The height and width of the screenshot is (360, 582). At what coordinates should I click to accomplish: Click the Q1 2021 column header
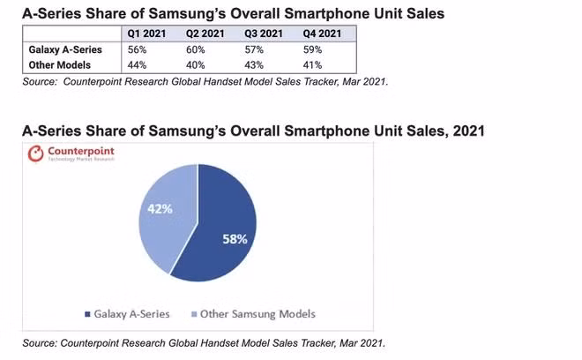point(146,34)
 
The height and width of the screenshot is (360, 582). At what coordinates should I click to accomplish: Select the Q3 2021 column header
point(264,34)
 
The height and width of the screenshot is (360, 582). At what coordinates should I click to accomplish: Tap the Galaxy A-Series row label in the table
point(65,49)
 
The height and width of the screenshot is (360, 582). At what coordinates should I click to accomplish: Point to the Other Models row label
point(59,65)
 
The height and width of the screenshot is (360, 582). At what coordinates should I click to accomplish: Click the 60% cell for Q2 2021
point(195,49)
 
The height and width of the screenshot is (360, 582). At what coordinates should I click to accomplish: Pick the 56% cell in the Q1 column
point(137,49)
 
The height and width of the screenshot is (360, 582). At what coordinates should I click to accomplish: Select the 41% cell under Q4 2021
point(312,65)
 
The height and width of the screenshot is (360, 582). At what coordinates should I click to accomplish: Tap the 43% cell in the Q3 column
point(254,65)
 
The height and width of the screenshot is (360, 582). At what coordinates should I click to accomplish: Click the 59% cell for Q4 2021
point(312,49)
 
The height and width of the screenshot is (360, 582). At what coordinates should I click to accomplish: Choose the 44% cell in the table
point(137,65)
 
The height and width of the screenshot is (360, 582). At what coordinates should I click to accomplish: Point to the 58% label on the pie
point(235,239)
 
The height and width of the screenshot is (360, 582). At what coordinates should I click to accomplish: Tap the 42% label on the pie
point(160,209)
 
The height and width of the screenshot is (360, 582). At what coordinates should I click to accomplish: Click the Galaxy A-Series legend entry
point(127,314)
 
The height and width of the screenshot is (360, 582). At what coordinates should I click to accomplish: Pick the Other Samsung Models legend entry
point(253,314)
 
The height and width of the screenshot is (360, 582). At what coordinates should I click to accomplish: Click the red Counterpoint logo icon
point(35,154)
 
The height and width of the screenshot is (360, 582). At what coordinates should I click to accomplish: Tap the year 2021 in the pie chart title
point(468,131)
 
